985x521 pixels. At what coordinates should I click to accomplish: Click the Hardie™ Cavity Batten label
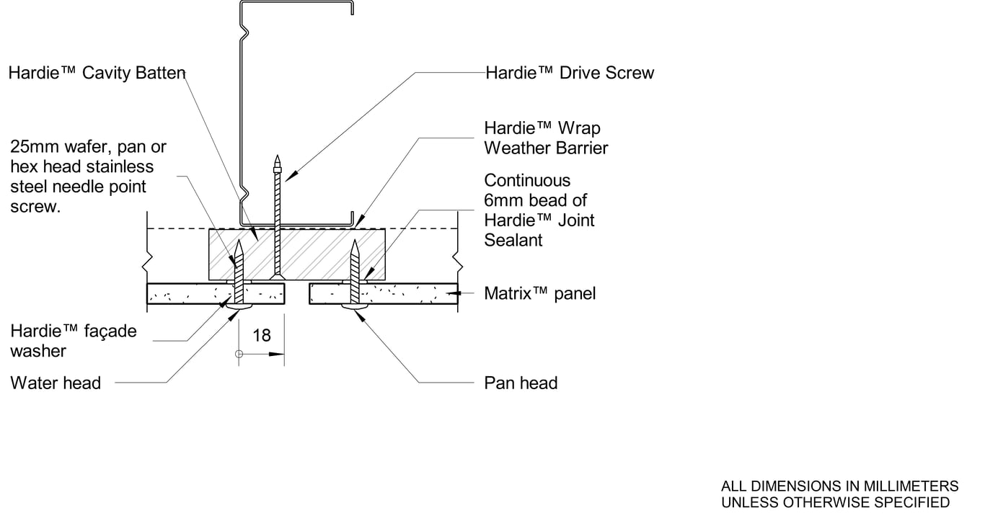[97, 73]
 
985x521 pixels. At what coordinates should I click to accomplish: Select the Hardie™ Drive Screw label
[570, 73]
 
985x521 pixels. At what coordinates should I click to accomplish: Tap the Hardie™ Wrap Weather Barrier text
[546, 138]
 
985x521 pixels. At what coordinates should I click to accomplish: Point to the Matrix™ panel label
[539, 293]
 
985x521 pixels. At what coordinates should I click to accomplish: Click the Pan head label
[521, 383]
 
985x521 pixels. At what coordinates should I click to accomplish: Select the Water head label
[56, 383]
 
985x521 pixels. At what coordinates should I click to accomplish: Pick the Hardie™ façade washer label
[73, 341]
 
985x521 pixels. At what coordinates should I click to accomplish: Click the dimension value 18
[262, 335]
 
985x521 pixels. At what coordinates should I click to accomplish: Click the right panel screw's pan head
[354, 308]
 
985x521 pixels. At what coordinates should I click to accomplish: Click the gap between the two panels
[296, 294]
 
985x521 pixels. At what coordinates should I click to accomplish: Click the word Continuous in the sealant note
[526, 180]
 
